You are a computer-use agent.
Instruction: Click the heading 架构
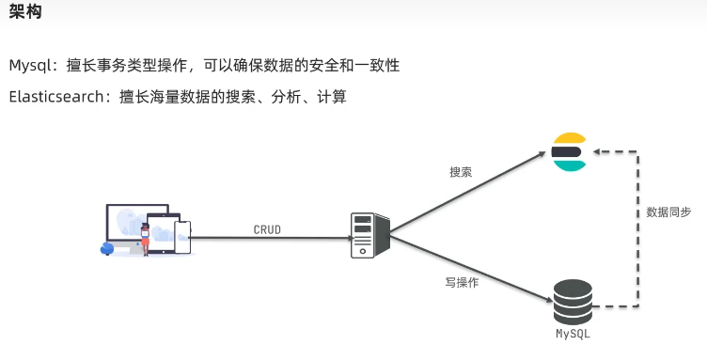25,13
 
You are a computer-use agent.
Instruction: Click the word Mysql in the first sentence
31,66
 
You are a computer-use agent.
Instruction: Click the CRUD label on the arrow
267,228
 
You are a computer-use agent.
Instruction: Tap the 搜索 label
461,172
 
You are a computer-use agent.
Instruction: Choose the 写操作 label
462,282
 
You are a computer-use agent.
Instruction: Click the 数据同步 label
668,212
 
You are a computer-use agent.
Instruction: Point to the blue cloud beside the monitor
107,248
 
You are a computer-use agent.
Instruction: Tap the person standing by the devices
146,239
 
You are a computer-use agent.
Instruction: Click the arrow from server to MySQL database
470,269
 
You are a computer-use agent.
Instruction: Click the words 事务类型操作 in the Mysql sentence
147,66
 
